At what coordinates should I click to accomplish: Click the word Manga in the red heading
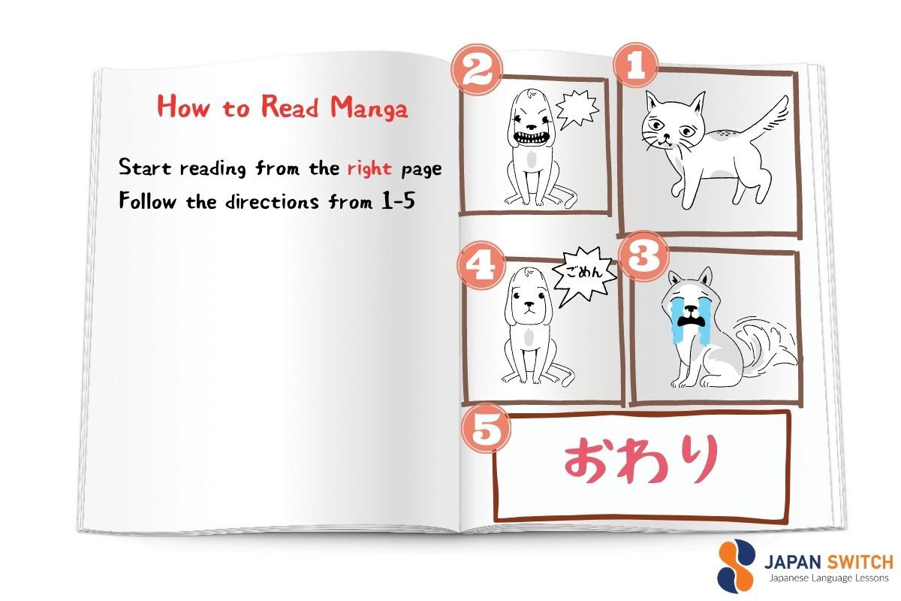[370, 109]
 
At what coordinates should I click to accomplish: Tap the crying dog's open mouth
[686, 322]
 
